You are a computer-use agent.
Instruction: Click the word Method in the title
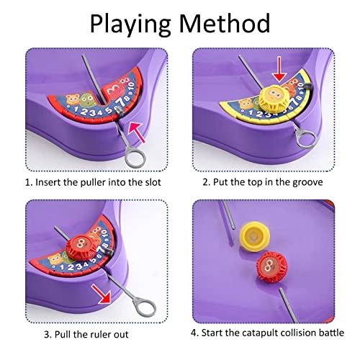tap(225, 23)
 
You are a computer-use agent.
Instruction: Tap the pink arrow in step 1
tap(137, 132)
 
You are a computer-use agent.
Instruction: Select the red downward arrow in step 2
tap(280, 69)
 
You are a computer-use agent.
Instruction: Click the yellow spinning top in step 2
tap(274, 99)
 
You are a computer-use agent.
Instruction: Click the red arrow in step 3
tap(101, 293)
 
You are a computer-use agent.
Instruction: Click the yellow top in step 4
tap(254, 237)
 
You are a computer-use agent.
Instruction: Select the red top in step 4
tap(271, 267)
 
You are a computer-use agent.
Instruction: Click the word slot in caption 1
tap(153, 182)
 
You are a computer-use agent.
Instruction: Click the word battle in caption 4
tap(331, 333)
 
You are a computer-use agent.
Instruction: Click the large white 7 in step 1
tap(122, 103)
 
